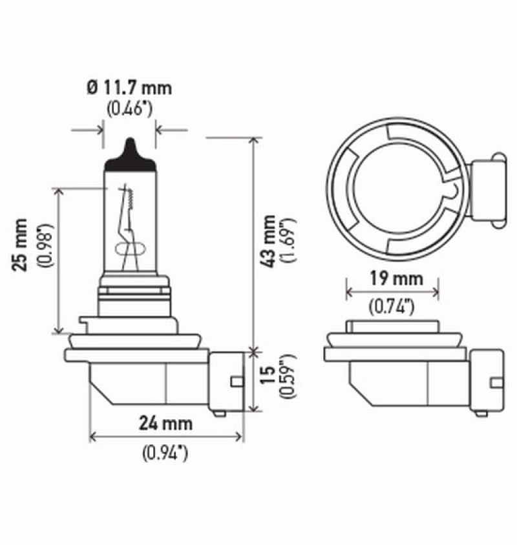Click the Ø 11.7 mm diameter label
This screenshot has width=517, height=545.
(130, 87)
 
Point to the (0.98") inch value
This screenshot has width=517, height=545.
(45, 246)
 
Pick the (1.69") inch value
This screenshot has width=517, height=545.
(288, 240)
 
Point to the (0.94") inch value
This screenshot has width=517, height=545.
(165, 453)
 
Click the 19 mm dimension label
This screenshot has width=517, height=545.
(392, 278)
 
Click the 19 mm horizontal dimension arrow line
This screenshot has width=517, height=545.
(392, 293)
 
